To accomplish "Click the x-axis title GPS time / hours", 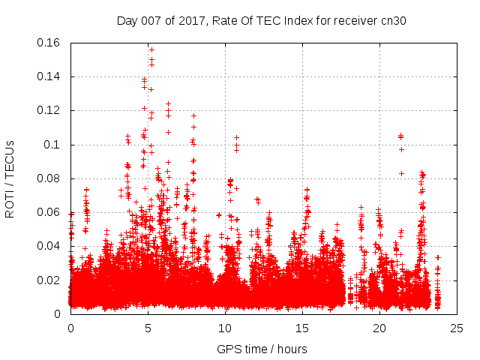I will pos(262,349).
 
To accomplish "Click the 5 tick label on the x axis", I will pos(148,328).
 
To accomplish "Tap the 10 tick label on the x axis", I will pos(225,328).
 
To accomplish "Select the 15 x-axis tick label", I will pos(302,328).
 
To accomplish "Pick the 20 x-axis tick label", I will pos(379,328).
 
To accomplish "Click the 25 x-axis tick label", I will pos(457,328).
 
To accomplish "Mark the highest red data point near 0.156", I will pos(151,50).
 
